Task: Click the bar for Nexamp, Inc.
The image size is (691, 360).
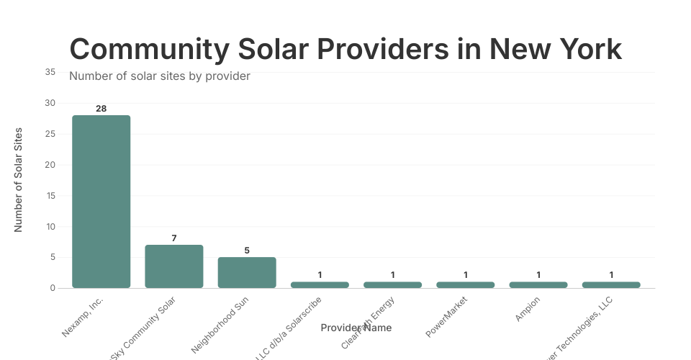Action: (x=101, y=202)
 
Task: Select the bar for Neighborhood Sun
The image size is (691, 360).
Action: (x=247, y=272)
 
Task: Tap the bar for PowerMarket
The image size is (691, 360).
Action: (x=466, y=285)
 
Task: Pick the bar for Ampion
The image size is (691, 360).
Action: (x=538, y=285)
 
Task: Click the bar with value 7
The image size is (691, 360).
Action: (x=174, y=266)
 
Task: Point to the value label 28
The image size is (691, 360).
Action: (x=101, y=109)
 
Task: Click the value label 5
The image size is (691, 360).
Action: (x=247, y=251)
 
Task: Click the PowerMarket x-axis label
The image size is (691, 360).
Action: (x=447, y=316)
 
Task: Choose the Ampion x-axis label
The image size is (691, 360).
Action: (x=528, y=308)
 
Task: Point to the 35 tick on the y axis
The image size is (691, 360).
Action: (x=50, y=72)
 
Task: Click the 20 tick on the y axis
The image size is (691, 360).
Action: (x=50, y=165)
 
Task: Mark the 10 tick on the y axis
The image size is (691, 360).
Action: (x=50, y=227)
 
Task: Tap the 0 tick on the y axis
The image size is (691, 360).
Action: (x=53, y=288)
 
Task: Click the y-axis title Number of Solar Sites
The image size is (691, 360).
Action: (x=19, y=180)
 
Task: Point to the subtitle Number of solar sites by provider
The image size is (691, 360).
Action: (x=159, y=76)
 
